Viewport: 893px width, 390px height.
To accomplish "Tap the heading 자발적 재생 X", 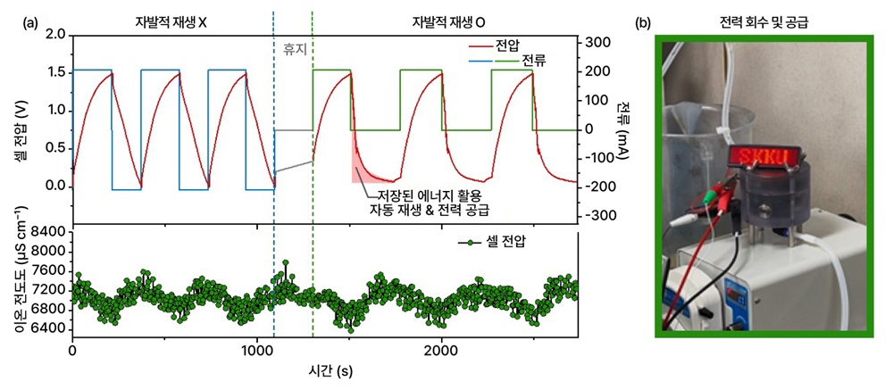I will click(171, 22).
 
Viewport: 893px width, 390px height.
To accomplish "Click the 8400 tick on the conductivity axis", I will click(49, 231).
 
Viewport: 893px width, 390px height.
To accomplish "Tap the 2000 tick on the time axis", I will click(440, 352).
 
